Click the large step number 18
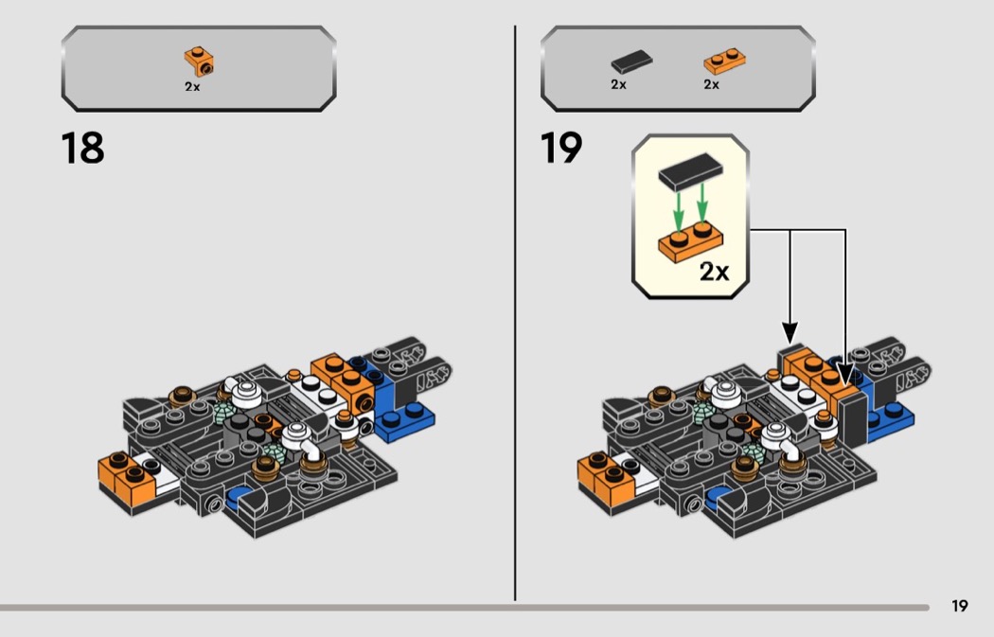(x=82, y=149)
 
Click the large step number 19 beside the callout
(x=561, y=149)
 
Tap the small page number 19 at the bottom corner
(x=959, y=607)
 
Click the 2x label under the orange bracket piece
(x=192, y=85)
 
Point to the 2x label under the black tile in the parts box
(x=618, y=85)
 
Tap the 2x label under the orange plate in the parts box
(x=711, y=85)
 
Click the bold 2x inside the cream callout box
(x=714, y=273)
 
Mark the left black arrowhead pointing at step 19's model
(x=790, y=333)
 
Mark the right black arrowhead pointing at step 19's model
(x=845, y=376)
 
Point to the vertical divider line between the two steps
(x=515, y=312)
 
